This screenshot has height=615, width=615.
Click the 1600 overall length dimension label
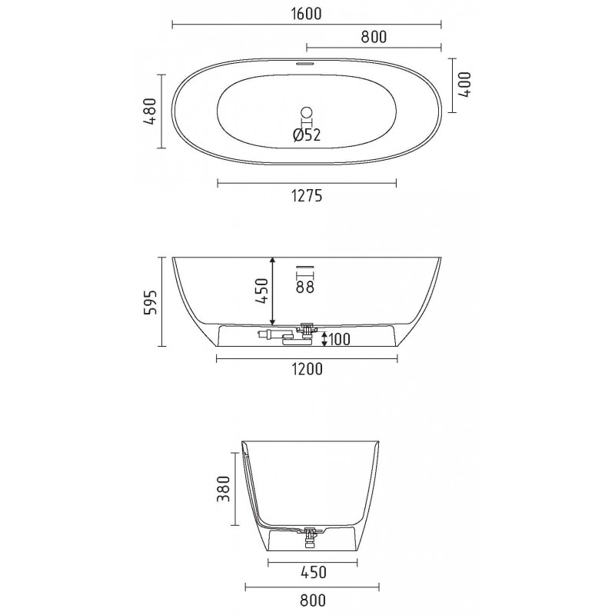click(x=307, y=14)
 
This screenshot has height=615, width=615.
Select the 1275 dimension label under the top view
click(x=307, y=195)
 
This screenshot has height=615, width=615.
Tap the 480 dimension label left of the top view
click(x=150, y=111)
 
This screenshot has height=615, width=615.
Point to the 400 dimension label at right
click(x=465, y=85)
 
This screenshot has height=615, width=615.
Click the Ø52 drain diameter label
click(x=307, y=135)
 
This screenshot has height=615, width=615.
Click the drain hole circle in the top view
click(x=306, y=111)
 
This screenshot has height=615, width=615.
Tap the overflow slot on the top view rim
click(x=304, y=62)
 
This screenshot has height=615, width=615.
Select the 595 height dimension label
click(x=150, y=302)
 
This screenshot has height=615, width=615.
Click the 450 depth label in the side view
click(x=261, y=291)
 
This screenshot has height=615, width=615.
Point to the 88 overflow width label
click(x=305, y=287)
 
